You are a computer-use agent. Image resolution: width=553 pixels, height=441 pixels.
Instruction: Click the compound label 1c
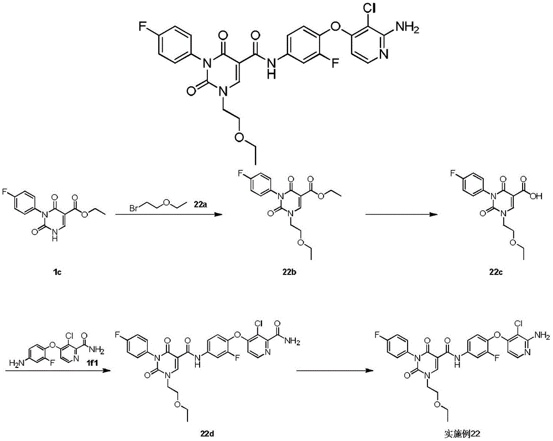[58, 272]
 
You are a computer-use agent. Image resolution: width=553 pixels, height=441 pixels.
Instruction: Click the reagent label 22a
[200, 204]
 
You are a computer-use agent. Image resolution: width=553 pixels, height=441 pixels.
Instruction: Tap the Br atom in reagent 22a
[133, 208]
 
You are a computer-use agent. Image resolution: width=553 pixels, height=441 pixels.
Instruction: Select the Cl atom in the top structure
[369, 8]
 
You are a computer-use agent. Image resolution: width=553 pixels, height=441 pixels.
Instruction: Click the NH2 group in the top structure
[408, 27]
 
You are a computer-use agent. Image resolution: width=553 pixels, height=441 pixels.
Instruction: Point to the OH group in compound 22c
[538, 197]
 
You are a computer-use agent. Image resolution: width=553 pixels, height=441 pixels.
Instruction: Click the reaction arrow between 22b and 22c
[402, 214]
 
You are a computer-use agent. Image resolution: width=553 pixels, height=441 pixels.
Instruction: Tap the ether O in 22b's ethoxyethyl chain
[301, 242]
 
